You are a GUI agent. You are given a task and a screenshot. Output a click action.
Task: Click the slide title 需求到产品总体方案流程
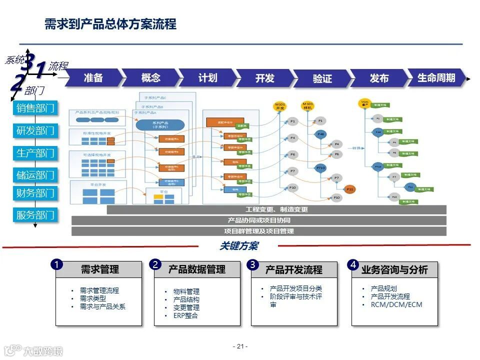(110, 24)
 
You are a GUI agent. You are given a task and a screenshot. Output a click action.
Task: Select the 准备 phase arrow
(93, 77)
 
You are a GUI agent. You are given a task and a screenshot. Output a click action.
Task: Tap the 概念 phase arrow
(150, 77)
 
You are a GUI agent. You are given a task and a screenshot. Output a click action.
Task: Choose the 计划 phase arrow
(207, 78)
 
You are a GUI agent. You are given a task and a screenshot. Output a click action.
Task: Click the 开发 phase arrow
(265, 78)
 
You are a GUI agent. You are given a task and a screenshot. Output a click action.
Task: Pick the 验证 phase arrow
(322, 79)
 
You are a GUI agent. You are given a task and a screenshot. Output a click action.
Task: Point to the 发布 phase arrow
(379, 78)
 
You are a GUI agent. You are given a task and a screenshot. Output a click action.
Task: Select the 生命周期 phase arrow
(436, 78)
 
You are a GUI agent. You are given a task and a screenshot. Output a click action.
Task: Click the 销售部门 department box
(35, 108)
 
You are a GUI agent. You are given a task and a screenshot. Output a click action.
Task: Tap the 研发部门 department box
(35, 131)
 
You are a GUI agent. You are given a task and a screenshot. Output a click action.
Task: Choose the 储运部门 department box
(35, 175)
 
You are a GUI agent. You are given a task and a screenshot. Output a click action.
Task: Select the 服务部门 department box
(35, 215)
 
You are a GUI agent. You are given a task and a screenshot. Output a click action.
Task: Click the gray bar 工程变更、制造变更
(276, 209)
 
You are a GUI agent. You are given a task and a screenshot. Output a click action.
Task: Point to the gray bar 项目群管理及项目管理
(258, 231)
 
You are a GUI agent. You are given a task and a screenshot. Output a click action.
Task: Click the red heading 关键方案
(239, 246)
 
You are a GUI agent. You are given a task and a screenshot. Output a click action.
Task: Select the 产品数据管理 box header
(197, 269)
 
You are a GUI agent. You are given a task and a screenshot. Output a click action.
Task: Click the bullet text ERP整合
(185, 315)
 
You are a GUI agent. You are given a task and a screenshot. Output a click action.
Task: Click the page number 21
(240, 346)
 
